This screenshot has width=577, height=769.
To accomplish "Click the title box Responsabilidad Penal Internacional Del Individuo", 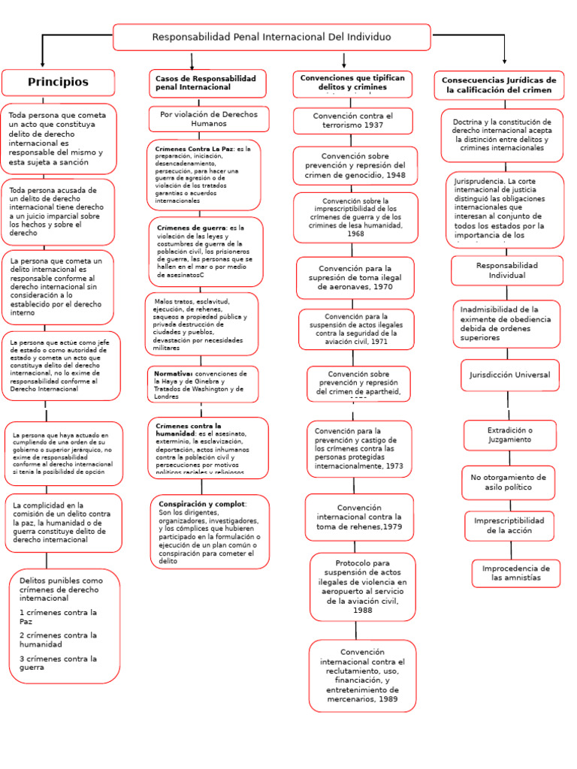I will coord(271,37).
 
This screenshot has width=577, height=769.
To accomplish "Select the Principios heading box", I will coord(58,82).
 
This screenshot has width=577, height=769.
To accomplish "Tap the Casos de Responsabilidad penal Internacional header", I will coord(207,83).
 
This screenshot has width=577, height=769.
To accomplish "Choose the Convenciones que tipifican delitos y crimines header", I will coord(352,83).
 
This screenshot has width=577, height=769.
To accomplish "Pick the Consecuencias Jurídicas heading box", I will coord(499,85).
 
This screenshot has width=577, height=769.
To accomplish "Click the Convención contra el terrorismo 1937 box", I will coord(352,120).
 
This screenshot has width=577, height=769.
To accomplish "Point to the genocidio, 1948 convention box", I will coord(355,165).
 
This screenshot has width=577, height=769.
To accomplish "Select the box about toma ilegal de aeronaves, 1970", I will coord(355,277).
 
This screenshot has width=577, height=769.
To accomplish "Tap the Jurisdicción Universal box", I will coord(509,375).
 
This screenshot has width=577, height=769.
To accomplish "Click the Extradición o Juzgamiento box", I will coord(509,435).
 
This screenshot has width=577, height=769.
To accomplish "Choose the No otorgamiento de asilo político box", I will coord(509,482).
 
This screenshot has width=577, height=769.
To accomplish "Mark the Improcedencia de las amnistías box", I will coord(515,573).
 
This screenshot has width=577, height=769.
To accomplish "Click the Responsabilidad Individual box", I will coord(507,270).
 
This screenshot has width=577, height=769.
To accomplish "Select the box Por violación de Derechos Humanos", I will coord(208,119).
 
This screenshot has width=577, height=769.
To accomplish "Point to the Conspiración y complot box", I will coord(209,531).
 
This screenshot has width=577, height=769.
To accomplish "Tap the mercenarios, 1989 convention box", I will coord(362,675).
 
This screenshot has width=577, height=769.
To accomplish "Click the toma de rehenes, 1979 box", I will coord(359,517).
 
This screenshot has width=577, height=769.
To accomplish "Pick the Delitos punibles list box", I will coord(65,625).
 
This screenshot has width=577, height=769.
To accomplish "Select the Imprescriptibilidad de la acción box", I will coord(509,526).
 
